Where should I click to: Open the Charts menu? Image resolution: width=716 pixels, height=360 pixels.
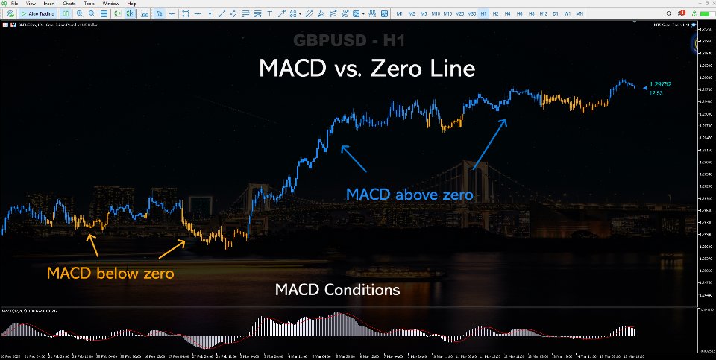(x=69, y=4)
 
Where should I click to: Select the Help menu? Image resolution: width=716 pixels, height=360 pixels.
(x=131, y=4)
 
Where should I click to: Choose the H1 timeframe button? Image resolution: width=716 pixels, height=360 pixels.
(x=484, y=13)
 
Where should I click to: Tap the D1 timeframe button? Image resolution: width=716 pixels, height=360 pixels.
(x=556, y=13)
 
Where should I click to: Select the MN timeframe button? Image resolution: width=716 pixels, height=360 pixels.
(x=580, y=13)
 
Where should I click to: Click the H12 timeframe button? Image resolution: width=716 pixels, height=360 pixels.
(x=543, y=13)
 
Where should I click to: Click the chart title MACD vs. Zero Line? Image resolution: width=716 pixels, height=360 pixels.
(x=366, y=69)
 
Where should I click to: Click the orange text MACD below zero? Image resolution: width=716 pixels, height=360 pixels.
(x=110, y=274)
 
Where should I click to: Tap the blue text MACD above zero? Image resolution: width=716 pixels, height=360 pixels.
(x=409, y=195)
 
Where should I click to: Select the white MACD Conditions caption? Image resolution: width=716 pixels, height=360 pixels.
(x=337, y=289)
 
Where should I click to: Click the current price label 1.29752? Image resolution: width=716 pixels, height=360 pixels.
(x=660, y=85)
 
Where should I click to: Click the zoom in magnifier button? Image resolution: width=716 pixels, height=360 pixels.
(x=80, y=13)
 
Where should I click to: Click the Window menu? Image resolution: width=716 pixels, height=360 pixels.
(x=110, y=4)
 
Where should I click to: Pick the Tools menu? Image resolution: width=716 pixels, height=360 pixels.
(x=89, y=4)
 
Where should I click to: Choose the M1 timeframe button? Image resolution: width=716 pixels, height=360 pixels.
(x=400, y=13)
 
